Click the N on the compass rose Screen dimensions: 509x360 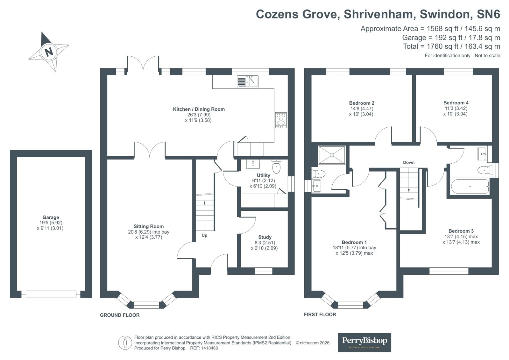tap(49, 52)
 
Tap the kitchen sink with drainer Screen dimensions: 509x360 tap(247, 82)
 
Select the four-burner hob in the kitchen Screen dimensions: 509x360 tap(281, 120)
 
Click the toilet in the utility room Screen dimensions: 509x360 tap(276, 166)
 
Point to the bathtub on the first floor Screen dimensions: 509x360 tap(470, 187)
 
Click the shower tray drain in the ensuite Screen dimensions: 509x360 tap(332, 155)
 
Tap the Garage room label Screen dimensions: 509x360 tap(51, 217)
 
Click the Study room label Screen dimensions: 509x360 tap(265, 237)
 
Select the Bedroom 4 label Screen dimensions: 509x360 tap(456, 103)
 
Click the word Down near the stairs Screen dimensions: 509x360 tap(408, 163)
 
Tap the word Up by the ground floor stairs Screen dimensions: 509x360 tap(204, 236)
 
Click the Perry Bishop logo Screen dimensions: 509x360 tap(364, 342)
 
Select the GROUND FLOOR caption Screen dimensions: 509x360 tap(120, 315)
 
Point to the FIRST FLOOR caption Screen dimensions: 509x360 tap(320, 314)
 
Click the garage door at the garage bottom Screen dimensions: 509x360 tap(51, 294)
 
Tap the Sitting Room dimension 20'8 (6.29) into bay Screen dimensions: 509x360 tap(149, 232)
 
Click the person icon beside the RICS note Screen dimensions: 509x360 tap(125, 342)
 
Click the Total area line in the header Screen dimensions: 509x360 tap(451, 46)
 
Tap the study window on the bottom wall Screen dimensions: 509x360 tap(263, 271)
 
